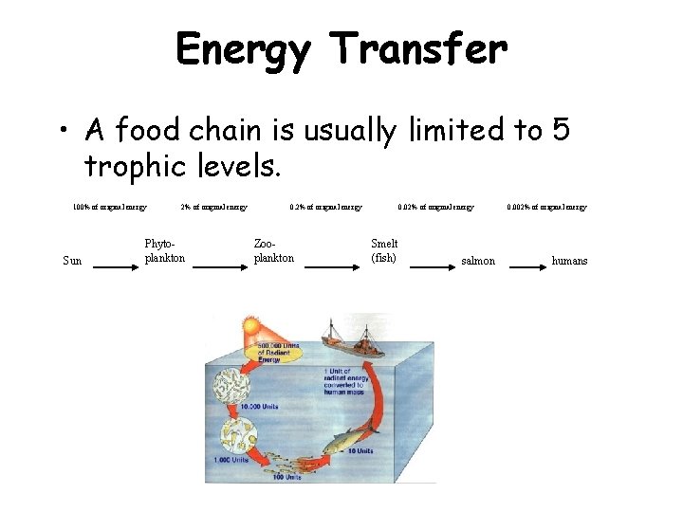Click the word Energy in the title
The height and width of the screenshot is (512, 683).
[243, 49]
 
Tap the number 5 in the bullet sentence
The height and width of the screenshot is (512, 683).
[560, 130]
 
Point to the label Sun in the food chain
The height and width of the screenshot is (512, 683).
[72, 261]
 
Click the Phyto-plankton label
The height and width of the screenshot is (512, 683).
[164, 250]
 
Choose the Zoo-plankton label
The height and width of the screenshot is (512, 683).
[274, 250]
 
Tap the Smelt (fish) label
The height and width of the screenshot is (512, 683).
[384, 250]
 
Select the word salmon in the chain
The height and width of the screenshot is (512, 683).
[477, 261]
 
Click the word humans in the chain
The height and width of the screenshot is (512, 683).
[569, 261]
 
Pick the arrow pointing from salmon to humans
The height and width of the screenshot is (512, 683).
[530, 267]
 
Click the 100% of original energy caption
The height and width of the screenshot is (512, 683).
[110, 207]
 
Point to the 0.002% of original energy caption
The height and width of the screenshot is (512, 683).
[546, 207]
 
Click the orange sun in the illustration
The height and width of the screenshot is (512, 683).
[250, 327]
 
